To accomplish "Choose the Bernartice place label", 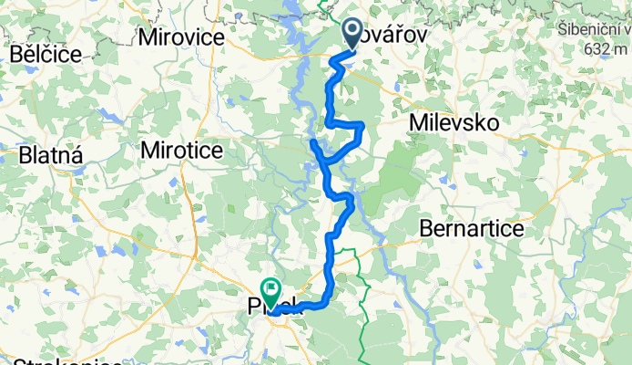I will click(472, 228).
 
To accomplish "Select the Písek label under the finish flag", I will click(278, 310).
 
